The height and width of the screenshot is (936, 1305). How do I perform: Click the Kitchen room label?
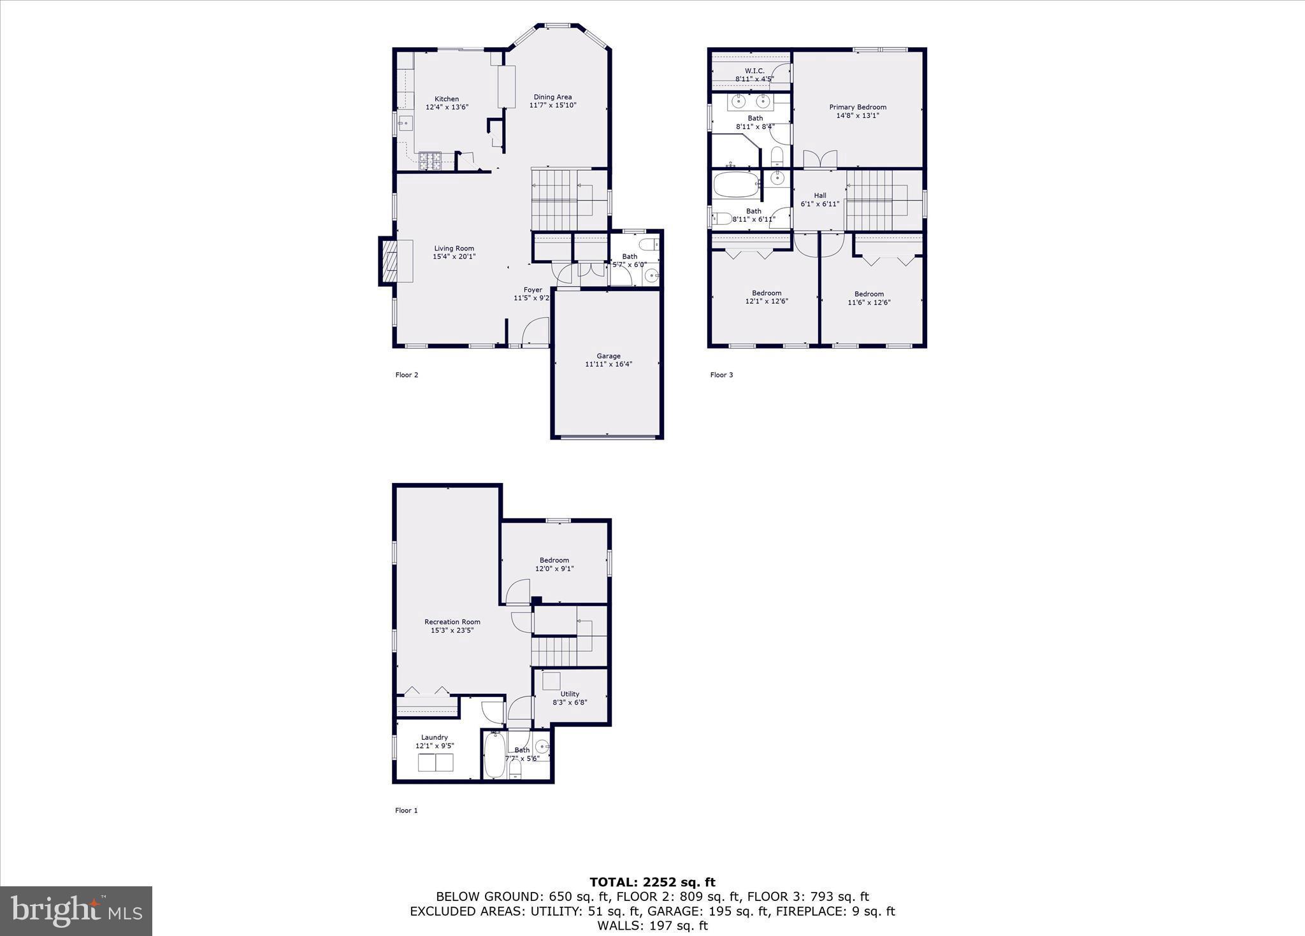pyautogui.click(x=447, y=99)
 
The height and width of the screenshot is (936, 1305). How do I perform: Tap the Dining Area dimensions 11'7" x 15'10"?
pyautogui.click(x=552, y=105)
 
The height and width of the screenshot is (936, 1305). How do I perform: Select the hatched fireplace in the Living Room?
pyautogui.click(x=387, y=261)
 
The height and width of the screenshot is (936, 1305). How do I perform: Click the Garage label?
pyautogui.click(x=608, y=356)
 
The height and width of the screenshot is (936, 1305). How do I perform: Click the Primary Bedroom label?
pyautogui.click(x=857, y=107)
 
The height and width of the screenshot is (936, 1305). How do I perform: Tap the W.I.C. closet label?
pyautogui.click(x=754, y=71)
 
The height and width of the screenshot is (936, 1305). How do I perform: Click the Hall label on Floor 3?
pyautogui.click(x=819, y=196)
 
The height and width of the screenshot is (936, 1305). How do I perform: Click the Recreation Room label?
pyautogui.click(x=452, y=622)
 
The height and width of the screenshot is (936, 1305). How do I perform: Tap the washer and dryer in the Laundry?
pyautogui.click(x=435, y=762)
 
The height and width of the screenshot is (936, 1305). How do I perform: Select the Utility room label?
pyautogui.click(x=570, y=694)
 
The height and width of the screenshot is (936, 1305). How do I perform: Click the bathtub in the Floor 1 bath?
pyautogui.click(x=494, y=756)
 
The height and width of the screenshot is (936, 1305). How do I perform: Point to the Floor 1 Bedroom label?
pyautogui.click(x=554, y=560)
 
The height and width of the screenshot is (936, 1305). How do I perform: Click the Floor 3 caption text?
pyautogui.click(x=721, y=375)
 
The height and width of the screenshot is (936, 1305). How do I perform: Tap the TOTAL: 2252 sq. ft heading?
pyautogui.click(x=652, y=882)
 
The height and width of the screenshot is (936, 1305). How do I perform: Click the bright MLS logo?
pyautogui.click(x=76, y=911)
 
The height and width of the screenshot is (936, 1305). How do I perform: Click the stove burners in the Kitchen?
pyautogui.click(x=430, y=160)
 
